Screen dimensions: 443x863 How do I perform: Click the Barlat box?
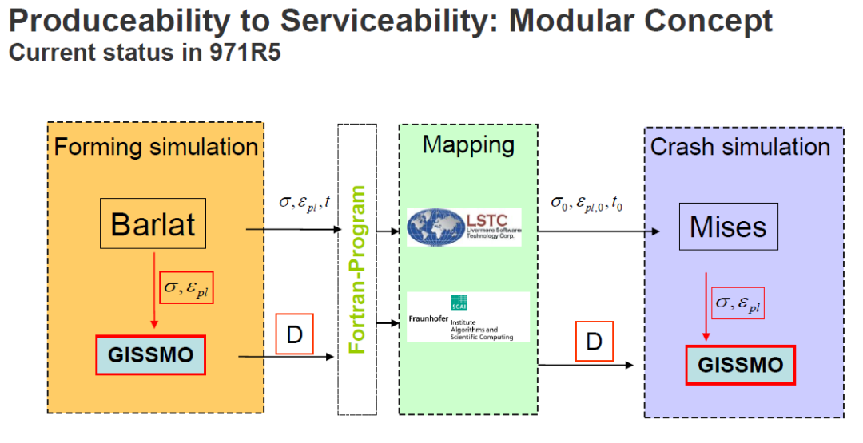click(153, 224)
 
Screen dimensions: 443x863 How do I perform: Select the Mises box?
click(728, 227)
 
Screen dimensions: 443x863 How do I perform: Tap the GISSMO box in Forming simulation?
click(151, 355)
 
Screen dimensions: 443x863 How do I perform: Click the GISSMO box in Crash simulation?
click(739, 365)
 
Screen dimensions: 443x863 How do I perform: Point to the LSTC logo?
click(464, 227)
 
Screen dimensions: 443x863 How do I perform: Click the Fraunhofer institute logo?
click(467, 317)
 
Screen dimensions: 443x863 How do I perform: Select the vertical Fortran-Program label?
click(357, 269)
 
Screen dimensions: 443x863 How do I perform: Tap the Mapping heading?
click(467, 145)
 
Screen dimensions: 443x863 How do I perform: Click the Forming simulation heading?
click(156, 147)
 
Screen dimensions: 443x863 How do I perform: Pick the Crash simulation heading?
click(740, 147)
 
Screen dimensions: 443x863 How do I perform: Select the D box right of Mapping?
click(593, 342)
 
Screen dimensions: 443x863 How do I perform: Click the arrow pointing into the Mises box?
click(599, 231)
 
